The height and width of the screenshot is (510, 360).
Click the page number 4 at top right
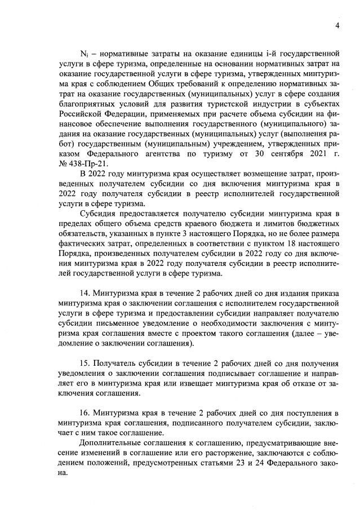coord(337,25)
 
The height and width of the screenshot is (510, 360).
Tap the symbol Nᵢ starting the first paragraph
coord(84,55)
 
